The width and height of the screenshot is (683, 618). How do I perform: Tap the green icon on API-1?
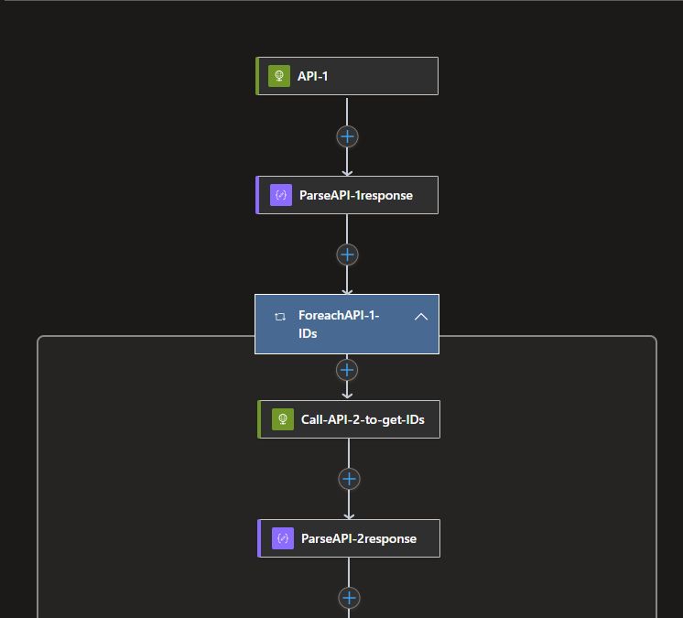(x=279, y=76)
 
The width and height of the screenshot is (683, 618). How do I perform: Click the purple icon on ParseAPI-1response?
(x=281, y=195)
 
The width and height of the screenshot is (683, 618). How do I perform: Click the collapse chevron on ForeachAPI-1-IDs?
(x=421, y=317)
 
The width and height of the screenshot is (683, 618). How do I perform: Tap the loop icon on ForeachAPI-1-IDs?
(x=280, y=317)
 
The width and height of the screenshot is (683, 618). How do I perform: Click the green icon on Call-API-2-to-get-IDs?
(x=283, y=420)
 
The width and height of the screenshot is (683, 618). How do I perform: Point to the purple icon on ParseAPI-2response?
(x=283, y=538)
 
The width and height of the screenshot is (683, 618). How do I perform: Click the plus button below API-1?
(x=347, y=136)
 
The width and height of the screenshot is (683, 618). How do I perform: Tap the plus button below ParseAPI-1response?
(x=347, y=255)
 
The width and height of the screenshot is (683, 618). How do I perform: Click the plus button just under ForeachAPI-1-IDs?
(x=347, y=370)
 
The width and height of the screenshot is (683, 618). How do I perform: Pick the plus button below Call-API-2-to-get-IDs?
(x=349, y=479)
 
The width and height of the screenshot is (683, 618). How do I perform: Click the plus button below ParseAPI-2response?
(x=349, y=598)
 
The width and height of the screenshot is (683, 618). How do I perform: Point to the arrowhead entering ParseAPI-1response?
(x=347, y=171)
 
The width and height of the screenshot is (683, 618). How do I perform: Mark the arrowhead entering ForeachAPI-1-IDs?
(x=347, y=289)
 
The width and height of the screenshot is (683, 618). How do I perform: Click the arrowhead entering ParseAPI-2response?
(x=349, y=515)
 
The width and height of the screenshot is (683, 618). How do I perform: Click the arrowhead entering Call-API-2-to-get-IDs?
(x=347, y=396)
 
